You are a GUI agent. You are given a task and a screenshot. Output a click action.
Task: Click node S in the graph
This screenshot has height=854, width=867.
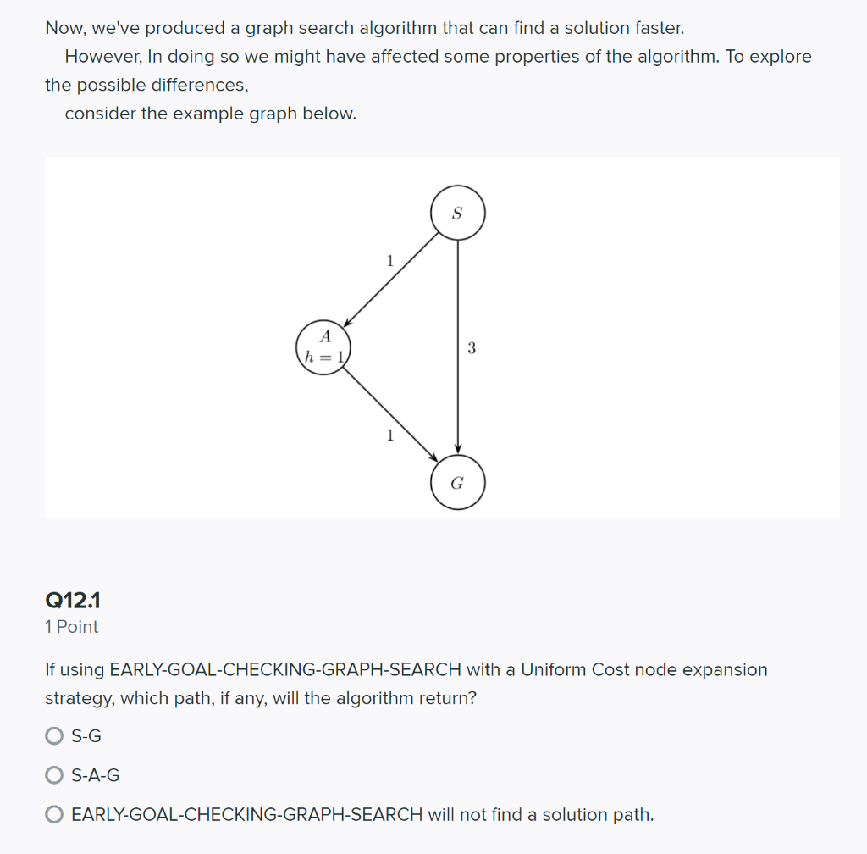(x=457, y=213)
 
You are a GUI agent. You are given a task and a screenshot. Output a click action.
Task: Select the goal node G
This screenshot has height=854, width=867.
(x=457, y=483)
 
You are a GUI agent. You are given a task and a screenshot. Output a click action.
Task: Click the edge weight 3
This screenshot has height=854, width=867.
(x=472, y=347)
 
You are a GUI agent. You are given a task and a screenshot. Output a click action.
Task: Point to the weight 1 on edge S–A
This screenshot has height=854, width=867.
(x=389, y=261)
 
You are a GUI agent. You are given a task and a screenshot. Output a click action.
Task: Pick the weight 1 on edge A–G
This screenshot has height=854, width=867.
(x=389, y=435)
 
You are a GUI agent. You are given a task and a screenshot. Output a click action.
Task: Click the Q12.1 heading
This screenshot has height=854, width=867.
(x=73, y=601)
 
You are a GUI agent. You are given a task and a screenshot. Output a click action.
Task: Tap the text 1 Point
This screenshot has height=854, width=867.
(x=71, y=627)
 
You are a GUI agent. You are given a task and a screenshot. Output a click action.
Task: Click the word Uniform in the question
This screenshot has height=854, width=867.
(x=554, y=669)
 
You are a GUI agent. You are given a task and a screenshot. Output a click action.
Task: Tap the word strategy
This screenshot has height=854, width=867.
(x=78, y=698)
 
